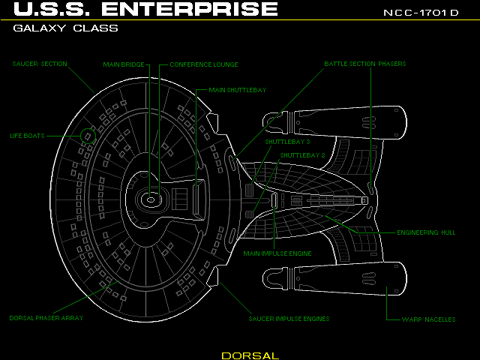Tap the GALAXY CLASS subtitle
(65, 28)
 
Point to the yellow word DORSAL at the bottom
(250, 355)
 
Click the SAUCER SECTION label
(40, 64)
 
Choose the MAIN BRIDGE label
(124, 64)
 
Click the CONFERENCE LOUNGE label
(203, 64)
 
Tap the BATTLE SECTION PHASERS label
(365, 64)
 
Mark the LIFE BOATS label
(27, 136)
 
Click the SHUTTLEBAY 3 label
(287, 141)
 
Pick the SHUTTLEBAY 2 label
(302, 155)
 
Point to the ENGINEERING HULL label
(426, 232)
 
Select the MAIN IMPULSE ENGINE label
(277, 253)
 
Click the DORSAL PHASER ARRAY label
(46, 318)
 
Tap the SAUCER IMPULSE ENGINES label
(289, 318)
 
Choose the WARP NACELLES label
(429, 319)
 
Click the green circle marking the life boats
(88, 135)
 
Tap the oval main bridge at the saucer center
(150, 199)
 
